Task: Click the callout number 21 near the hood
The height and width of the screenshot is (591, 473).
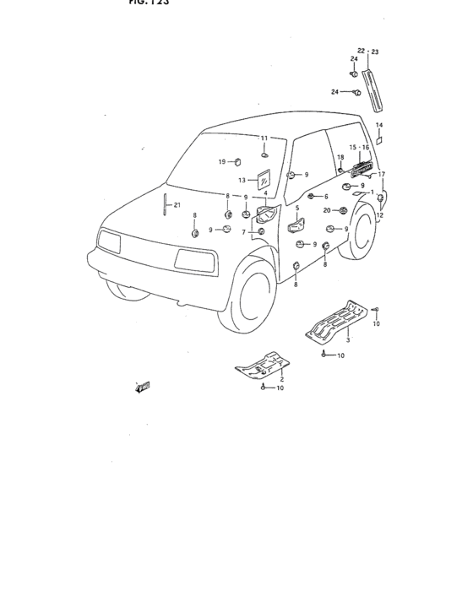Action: click(177, 204)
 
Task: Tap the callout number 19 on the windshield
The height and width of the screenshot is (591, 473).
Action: click(222, 160)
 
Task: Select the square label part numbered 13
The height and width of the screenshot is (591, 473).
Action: click(263, 180)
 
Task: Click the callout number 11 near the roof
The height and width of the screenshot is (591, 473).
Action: click(264, 138)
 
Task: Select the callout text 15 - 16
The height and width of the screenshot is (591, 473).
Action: click(360, 146)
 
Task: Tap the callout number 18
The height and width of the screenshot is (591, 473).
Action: click(341, 157)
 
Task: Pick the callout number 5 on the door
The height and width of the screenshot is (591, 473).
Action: click(297, 207)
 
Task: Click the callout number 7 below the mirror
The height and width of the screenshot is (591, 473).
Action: click(243, 231)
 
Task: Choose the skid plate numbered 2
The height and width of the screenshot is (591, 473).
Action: click(262, 364)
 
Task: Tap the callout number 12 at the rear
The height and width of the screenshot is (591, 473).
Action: click(379, 215)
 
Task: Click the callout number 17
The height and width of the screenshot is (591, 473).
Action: click(381, 174)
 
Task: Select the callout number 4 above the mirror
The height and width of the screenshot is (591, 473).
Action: click(265, 193)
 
